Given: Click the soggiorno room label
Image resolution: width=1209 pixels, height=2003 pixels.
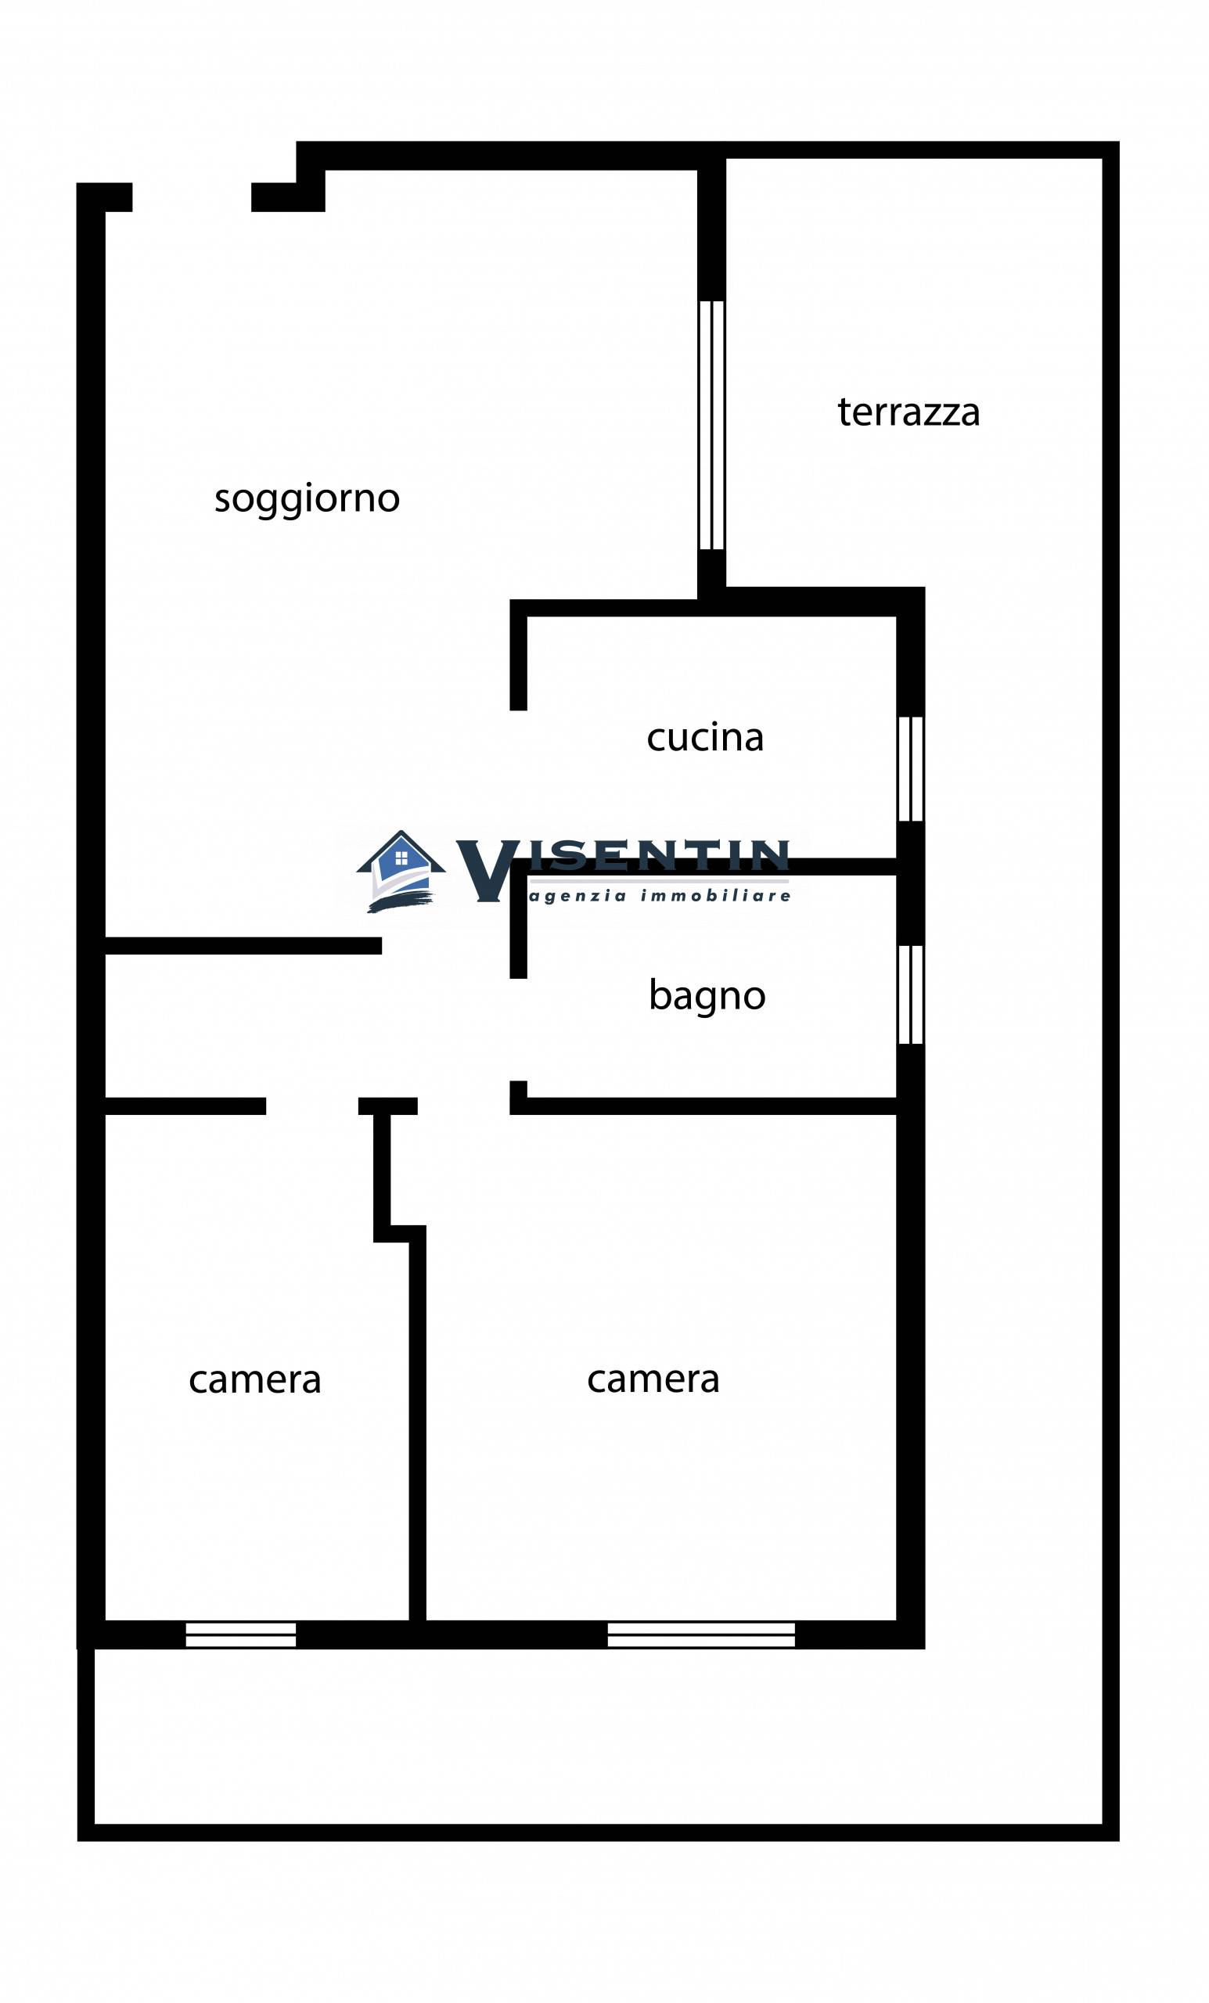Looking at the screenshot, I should [x=307, y=498].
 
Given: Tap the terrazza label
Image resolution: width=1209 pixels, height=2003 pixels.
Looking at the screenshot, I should [x=909, y=412].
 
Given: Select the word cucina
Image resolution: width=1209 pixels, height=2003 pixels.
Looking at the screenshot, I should [x=705, y=737].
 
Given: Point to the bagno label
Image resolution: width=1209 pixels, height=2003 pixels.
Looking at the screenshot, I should [x=707, y=994].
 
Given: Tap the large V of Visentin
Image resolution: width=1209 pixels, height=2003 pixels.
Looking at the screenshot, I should [x=485, y=871].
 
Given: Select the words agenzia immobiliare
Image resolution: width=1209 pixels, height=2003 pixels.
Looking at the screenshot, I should [x=660, y=896].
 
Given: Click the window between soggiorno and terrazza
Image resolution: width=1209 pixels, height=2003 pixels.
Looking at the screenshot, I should [x=711, y=425].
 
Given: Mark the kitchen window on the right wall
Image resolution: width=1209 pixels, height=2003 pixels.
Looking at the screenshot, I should [x=910, y=768].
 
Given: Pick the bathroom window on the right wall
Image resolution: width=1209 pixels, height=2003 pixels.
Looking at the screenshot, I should [x=910, y=994].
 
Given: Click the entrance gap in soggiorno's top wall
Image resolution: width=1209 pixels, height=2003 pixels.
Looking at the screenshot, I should [x=191, y=197].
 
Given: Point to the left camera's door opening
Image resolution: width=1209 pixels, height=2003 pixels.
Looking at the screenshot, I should [x=311, y=1106].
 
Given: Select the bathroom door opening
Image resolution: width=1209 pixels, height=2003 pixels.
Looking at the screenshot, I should [x=518, y=1029].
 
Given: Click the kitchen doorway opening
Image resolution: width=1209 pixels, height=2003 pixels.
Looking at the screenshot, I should [x=518, y=785].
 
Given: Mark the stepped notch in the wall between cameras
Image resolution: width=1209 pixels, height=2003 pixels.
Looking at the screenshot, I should [x=398, y=1234].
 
